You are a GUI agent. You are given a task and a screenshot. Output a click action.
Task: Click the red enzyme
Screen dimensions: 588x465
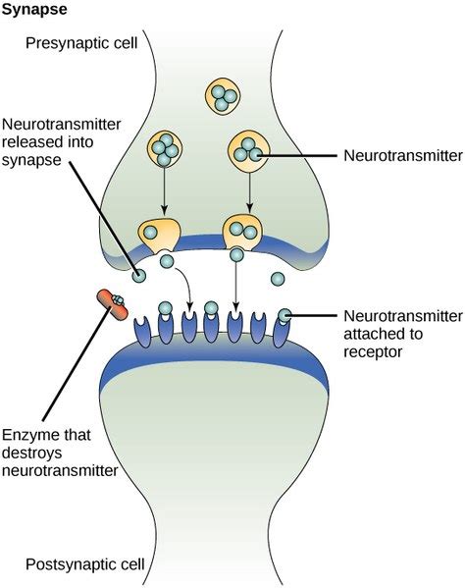point(111,305)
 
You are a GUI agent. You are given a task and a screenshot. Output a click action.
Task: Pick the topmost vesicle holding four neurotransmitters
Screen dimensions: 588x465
point(221,96)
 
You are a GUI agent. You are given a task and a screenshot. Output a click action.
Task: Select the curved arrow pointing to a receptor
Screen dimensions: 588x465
point(182,285)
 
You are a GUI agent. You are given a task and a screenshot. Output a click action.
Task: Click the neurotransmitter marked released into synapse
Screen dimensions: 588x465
point(141,276)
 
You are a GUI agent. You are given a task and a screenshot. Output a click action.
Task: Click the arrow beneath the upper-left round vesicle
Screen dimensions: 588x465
point(164,191)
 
